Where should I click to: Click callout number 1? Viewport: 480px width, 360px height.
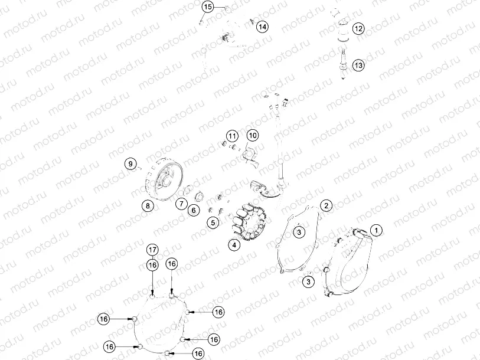point(376,229)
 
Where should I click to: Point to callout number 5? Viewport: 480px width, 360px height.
point(213,222)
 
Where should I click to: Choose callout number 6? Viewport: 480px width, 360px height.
point(193,210)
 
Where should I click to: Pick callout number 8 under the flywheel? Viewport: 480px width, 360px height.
point(146,205)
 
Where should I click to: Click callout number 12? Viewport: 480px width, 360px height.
point(359,28)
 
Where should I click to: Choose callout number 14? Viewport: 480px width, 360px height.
point(262,27)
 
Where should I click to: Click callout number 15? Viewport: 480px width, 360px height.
point(207,7)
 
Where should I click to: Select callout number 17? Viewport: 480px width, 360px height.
point(152,250)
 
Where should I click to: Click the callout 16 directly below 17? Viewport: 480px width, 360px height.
point(152,266)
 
